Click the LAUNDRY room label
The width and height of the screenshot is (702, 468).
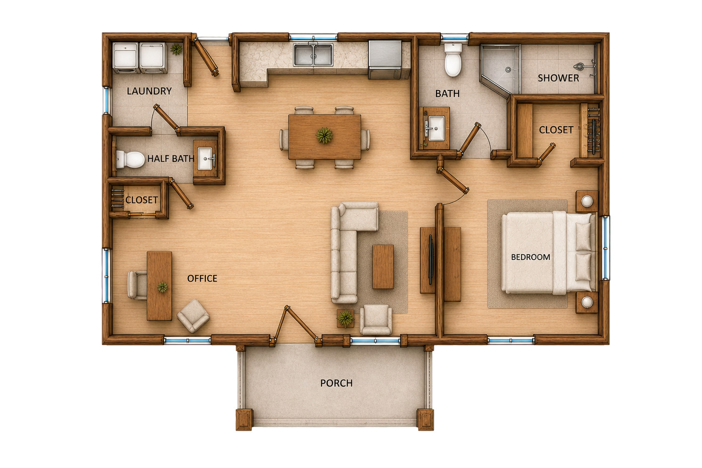pos(149,91)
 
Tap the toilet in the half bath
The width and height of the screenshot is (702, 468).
pos(130,159)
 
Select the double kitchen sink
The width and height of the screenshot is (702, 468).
pos(313,55)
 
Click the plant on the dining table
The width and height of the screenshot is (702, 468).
pos(324,136)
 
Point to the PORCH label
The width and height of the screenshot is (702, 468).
pos(336,383)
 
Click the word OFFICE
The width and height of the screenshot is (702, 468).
pos(202,278)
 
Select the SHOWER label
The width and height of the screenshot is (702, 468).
pos(558,78)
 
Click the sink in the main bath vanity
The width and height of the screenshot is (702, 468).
pos(436,128)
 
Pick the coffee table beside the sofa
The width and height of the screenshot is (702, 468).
pos(383,267)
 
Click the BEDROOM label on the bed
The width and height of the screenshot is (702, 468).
pos(531,257)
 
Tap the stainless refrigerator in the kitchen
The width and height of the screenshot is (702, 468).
pos(385,59)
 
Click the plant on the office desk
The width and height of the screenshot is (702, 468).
pos(162,287)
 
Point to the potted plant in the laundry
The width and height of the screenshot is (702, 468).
pos(176,49)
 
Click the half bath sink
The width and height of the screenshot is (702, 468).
pos(205,159)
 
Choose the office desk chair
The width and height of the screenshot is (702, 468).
pos(137,285)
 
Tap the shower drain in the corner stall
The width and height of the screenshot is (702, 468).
pos(508,69)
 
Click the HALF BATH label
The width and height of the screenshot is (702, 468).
pos(171,159)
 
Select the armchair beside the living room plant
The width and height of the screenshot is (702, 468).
pos(375,320)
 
